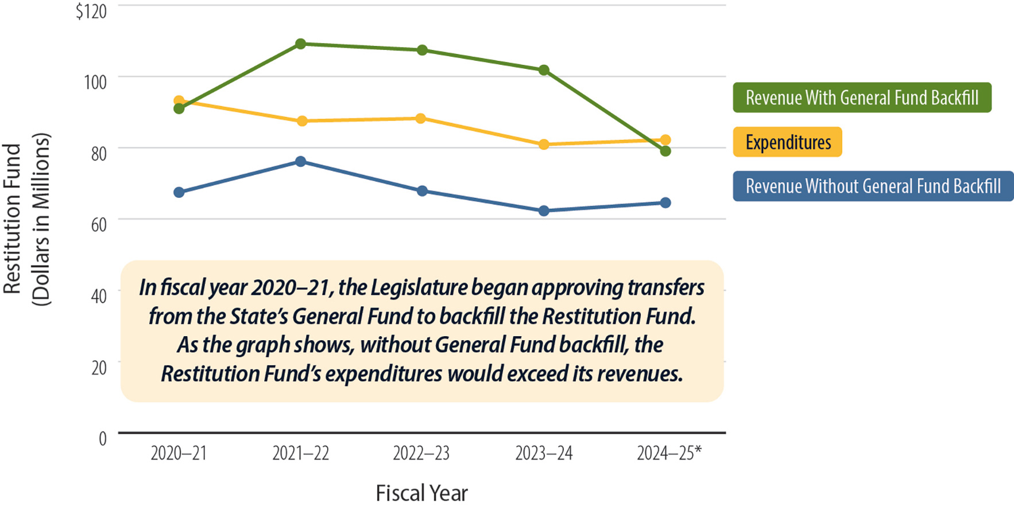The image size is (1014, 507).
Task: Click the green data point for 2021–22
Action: (x=300, y=44)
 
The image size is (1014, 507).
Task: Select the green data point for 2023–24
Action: (x=544, y=71)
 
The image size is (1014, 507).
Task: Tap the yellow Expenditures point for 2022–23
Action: (x=421, y=119)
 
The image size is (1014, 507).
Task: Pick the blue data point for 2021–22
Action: (x=300, y=162)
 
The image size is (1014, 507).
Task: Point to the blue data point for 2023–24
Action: (x=544, y=211)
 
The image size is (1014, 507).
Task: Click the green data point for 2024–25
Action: (x=665, y=151)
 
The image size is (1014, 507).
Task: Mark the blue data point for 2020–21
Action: (x=179, y=192)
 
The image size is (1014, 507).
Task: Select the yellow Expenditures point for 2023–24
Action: (x=544, y=145)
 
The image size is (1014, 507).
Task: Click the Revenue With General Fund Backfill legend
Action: (x=862, y=97)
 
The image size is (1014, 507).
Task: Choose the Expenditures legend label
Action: (x=787, y=142)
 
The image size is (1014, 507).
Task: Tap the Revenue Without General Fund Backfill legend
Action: (x=873, y=186)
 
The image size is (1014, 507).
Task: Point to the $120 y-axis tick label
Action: (x=91, y=11)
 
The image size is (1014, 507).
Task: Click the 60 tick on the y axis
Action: (x=98, y=225)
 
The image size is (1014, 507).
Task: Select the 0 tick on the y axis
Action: (x=102, y=439)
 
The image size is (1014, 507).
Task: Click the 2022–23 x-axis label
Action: (x=421, y=454)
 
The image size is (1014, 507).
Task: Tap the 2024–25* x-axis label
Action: (x=669, y=454)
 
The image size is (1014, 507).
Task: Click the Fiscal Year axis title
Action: (x=421, y=493)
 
